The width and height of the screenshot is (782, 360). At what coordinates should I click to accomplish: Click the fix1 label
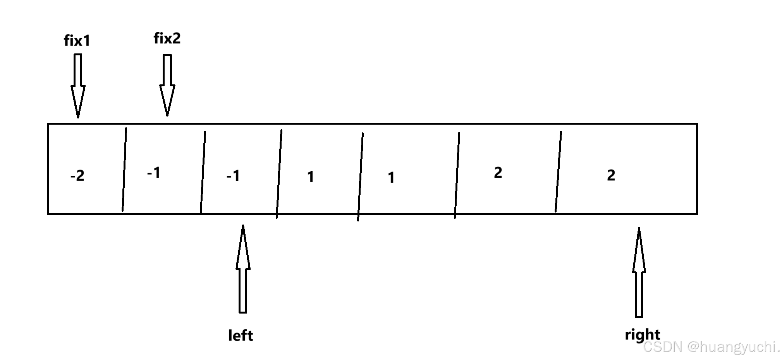[x=77, y=41]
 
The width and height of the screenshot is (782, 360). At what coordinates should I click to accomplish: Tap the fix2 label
[x=167, y=38]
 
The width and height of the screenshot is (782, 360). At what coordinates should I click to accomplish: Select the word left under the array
[x=241, y=335]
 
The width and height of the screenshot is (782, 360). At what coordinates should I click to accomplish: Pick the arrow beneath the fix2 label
[x=167, y=85]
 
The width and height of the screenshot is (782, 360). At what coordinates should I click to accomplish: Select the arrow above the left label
[x=243, y=269]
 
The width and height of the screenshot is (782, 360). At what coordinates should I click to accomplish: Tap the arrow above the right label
[x=639, y=272]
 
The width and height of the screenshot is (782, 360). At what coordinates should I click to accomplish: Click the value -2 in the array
[x=77, y=176]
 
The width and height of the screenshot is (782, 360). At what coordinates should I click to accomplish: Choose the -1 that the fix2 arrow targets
[x=154, y=173]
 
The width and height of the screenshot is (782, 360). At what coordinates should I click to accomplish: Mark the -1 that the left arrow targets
[x=233, y=176]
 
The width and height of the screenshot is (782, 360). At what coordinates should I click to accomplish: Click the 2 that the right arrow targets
[x=611, y=175]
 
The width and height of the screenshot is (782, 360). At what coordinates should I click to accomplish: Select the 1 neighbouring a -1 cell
[x=310, y=177]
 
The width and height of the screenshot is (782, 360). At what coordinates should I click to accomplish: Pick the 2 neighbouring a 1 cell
[x=498, y=173]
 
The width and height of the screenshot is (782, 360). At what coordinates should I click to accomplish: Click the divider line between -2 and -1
[x=124, y=170]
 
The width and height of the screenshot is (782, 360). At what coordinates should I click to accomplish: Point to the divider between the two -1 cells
[x=203, y=172]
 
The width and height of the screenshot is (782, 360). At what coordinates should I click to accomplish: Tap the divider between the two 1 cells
[x=360, y=177]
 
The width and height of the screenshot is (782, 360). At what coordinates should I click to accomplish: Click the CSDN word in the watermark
[x=662, y=346]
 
